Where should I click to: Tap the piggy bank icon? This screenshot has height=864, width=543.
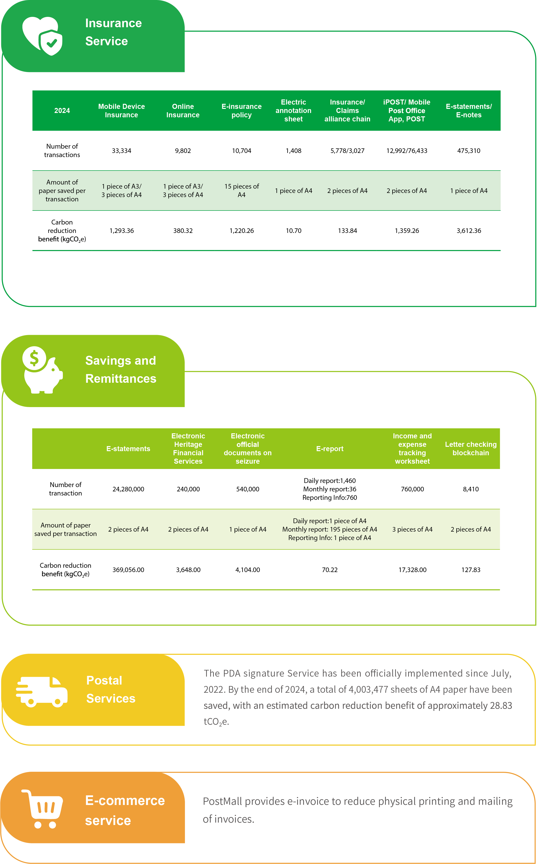pos(42,370)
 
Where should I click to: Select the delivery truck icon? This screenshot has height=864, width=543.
pos(42,692)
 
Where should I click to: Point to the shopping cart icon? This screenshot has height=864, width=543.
pos(42,809)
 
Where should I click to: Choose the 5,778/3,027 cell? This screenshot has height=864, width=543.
pos(347,151)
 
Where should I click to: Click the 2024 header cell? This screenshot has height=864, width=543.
pos(62,111)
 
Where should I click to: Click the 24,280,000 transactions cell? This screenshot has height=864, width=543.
pos(128,489)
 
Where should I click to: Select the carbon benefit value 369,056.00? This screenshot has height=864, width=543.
pos(128,570)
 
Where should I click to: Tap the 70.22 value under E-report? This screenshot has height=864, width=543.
pos(330,570)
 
